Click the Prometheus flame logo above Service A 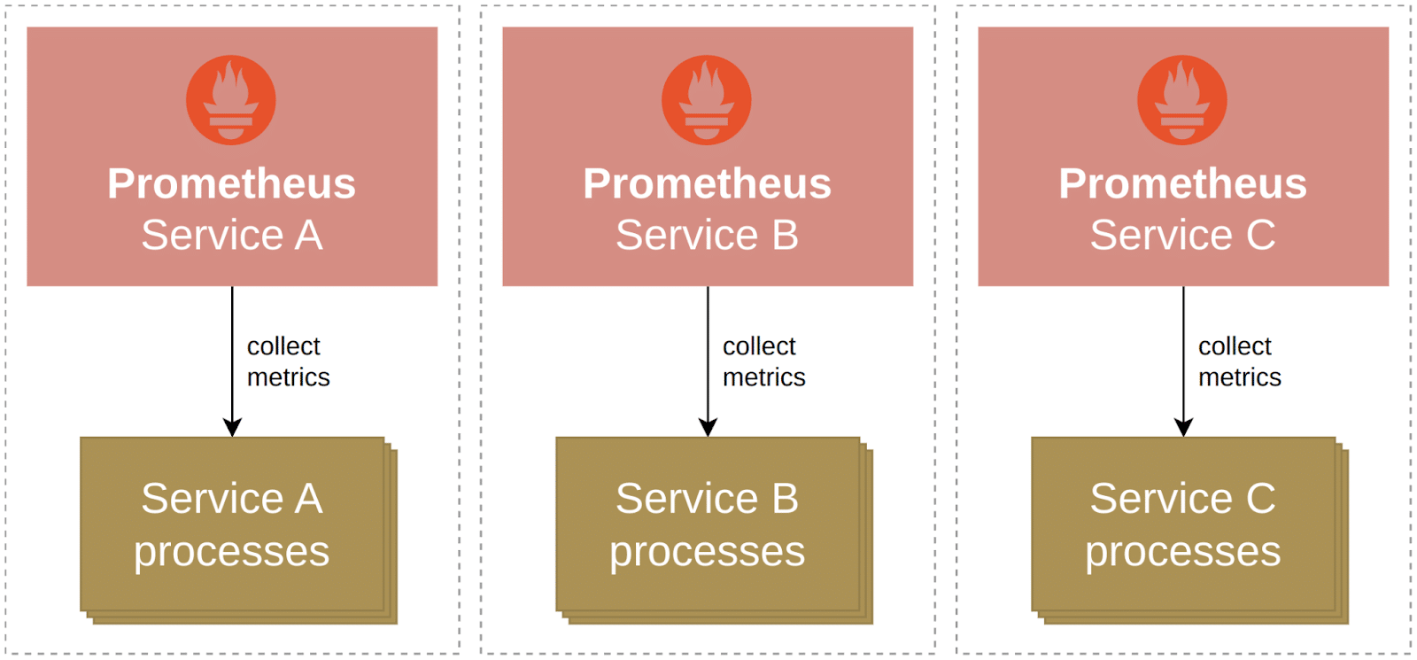click(231, 100)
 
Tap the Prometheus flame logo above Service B click(707, 100)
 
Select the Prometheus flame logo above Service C click(1182, 100)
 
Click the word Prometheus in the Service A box click(231, 184)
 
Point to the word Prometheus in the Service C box click(1182, 184)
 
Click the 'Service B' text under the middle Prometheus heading click(707, 236)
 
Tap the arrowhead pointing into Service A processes click(232, 427)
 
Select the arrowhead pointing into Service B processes click(708, 427)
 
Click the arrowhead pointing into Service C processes click(1183, 427)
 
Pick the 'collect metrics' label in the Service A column click(287, 361)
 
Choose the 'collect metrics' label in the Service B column click(763, 361)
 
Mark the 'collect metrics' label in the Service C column click(1238, 361)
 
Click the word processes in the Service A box click(231, 552)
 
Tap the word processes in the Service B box click(707, 552)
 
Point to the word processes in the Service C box click(1182, 552)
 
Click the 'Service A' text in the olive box click(231, 499)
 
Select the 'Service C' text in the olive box click(1182, 499)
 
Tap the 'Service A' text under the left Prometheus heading click(231, 236)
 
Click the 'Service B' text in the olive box click(707, 499)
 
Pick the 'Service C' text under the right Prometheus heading click(1182, 236)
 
